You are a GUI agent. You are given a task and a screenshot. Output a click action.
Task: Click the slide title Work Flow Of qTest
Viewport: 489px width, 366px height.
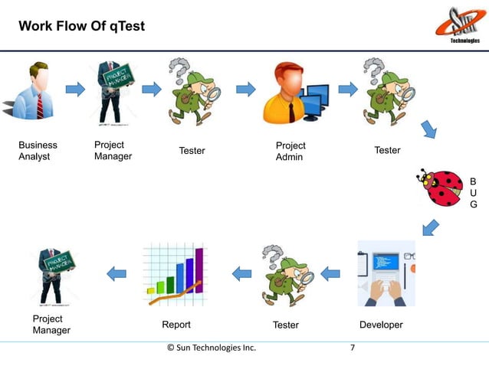(x=81, y=27)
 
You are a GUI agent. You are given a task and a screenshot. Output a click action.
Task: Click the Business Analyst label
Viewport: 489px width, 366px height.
(x=38, y=151)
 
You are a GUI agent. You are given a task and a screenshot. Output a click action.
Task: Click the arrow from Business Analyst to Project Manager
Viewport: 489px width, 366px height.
(x=75, y=89)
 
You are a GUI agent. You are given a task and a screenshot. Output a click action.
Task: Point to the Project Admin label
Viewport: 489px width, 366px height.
(x=290, y=151)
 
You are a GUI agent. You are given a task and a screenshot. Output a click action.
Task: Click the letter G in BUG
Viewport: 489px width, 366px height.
(x=473, y=205)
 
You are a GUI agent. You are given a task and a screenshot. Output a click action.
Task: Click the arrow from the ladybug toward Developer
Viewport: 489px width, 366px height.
(x=431, y=227)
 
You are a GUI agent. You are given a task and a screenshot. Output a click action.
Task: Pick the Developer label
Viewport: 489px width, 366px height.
(x=381, y=325)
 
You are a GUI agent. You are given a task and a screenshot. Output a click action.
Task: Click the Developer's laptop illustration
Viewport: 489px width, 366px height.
(x=386, y=273)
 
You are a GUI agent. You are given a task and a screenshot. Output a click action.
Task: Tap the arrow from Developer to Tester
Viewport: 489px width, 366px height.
(x=330, y=273)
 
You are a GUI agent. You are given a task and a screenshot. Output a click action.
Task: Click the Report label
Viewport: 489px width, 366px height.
(x=176, y=325)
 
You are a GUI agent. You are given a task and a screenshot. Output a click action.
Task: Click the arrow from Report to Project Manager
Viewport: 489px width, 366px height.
(x=117, y=273)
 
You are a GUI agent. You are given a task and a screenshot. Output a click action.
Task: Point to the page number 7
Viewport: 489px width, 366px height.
(x=353, y=348)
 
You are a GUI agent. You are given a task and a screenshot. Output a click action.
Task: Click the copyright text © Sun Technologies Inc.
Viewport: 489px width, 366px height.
(x=212, y=348)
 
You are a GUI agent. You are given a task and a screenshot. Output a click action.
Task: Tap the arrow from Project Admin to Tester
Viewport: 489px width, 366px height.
(x=348, y=89)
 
